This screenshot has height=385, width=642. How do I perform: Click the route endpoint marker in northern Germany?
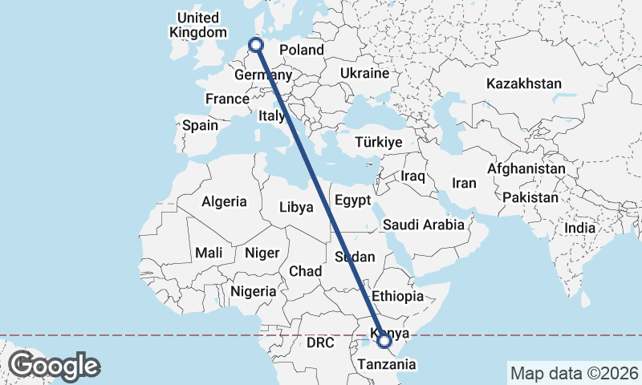pyautogui.click(x=257, y=45)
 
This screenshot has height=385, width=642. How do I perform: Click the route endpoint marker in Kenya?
pyautogui.click(x=385, y=341)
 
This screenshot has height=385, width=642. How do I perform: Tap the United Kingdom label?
pyautogui.click(x=197, y=25)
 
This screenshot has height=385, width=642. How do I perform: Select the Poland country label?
pyautogui.click(x=301, y=50)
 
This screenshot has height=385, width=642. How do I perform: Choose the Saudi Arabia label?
pyautogui.click(x=423, y=225)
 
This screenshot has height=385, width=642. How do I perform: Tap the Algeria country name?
pyautogui.click(x=224, y=202)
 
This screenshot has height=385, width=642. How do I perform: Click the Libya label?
pyautogui.click(x=296, y=207)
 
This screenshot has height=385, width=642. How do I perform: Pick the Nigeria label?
pyautogui.click(x=253, y=291)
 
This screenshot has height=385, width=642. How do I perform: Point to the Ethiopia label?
pyautogui.click(x=397, y=296)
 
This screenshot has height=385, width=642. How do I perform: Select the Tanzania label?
pyautogui.click(x=388, y=364)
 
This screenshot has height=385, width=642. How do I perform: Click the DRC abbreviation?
pyautogui.click(x=319, y=342)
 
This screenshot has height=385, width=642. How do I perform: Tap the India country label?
pyautogui.click(x=580, y=228)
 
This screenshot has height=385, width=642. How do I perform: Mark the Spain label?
pyautogui.click(x=200, y=125)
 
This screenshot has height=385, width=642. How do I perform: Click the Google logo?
pyautogui.click(x=54, y=366)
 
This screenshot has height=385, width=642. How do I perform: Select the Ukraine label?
pyautogui.click(x=364, y=73)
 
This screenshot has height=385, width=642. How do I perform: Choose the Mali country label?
pyautogui.click(x=209, y=253)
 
